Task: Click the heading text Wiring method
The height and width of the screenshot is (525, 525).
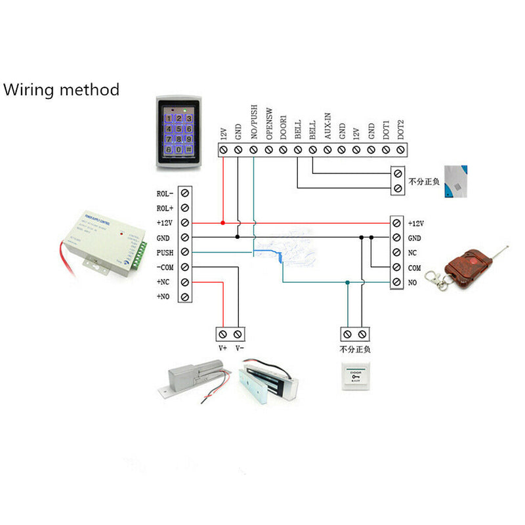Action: click(x=62, y=89)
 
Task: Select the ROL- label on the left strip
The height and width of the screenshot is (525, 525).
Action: click(x=165, y=194)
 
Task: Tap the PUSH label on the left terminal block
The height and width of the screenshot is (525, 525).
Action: click(x=165, y=253)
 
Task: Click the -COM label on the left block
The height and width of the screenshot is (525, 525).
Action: click(x=164, y=268)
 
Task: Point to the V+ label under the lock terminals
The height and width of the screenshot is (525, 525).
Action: click(x=222, y=348)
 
